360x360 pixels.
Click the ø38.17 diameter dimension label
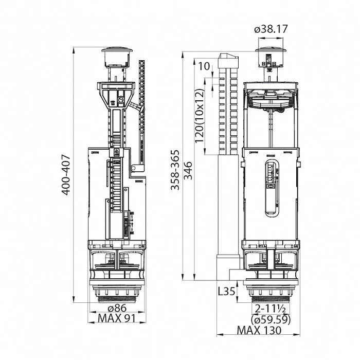point(271,29)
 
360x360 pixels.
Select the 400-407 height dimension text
point(66,175)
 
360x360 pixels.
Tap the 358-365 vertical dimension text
point(175,170)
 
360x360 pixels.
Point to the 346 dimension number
point(189,171)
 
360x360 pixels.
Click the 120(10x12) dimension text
point(199,116)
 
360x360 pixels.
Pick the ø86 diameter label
point(117,308)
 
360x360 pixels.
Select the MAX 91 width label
point(117,318)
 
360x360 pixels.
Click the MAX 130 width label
point(259,330)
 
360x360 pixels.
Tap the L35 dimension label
point(226,292)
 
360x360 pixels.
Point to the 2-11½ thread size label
point(271,309)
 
